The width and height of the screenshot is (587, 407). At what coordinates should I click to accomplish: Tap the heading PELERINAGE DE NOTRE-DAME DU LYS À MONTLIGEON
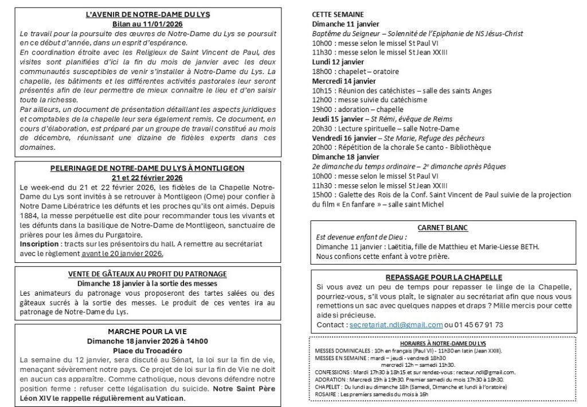tap(148, 168)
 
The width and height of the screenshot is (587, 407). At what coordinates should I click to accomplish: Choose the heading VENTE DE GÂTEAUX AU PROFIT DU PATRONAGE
tap(148, 274)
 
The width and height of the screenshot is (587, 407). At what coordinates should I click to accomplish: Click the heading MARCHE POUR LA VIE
tap(148, 331)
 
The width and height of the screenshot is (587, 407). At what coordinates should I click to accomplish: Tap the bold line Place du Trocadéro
tap(148, 350)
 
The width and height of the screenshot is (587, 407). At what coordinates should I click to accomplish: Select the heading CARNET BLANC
tap(442, 227)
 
